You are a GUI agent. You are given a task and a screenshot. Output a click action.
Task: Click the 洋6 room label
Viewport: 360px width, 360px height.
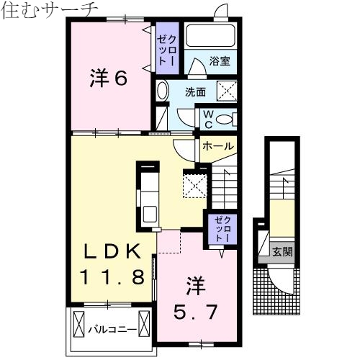[109, 78]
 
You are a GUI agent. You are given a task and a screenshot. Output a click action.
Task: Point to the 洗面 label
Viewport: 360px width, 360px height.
[195, 92]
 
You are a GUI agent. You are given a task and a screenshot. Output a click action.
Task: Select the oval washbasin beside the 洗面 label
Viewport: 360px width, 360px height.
[162, 91]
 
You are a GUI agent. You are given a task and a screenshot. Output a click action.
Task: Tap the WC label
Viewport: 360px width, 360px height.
[207, 117]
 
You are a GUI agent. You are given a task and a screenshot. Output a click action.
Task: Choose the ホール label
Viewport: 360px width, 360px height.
[217, 146]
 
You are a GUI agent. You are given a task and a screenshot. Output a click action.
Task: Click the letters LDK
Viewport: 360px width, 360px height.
[115, 252]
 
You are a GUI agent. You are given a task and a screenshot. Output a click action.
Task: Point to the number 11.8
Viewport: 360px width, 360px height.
[115, 275]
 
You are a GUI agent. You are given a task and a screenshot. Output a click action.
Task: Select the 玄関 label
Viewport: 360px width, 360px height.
[282, 252]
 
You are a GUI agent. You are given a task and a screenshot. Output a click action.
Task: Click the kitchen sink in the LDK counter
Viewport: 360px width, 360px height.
[150, 213]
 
